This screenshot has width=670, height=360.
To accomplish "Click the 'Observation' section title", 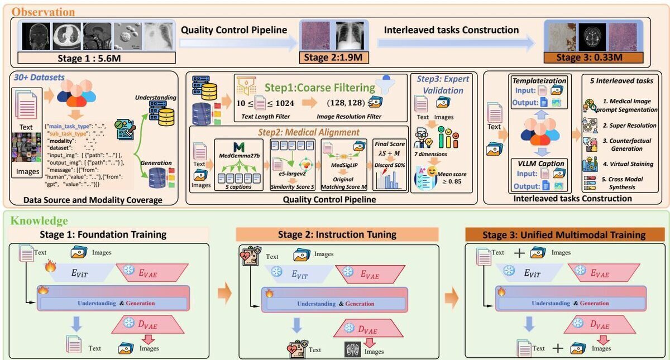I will click(x=43, y=11).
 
